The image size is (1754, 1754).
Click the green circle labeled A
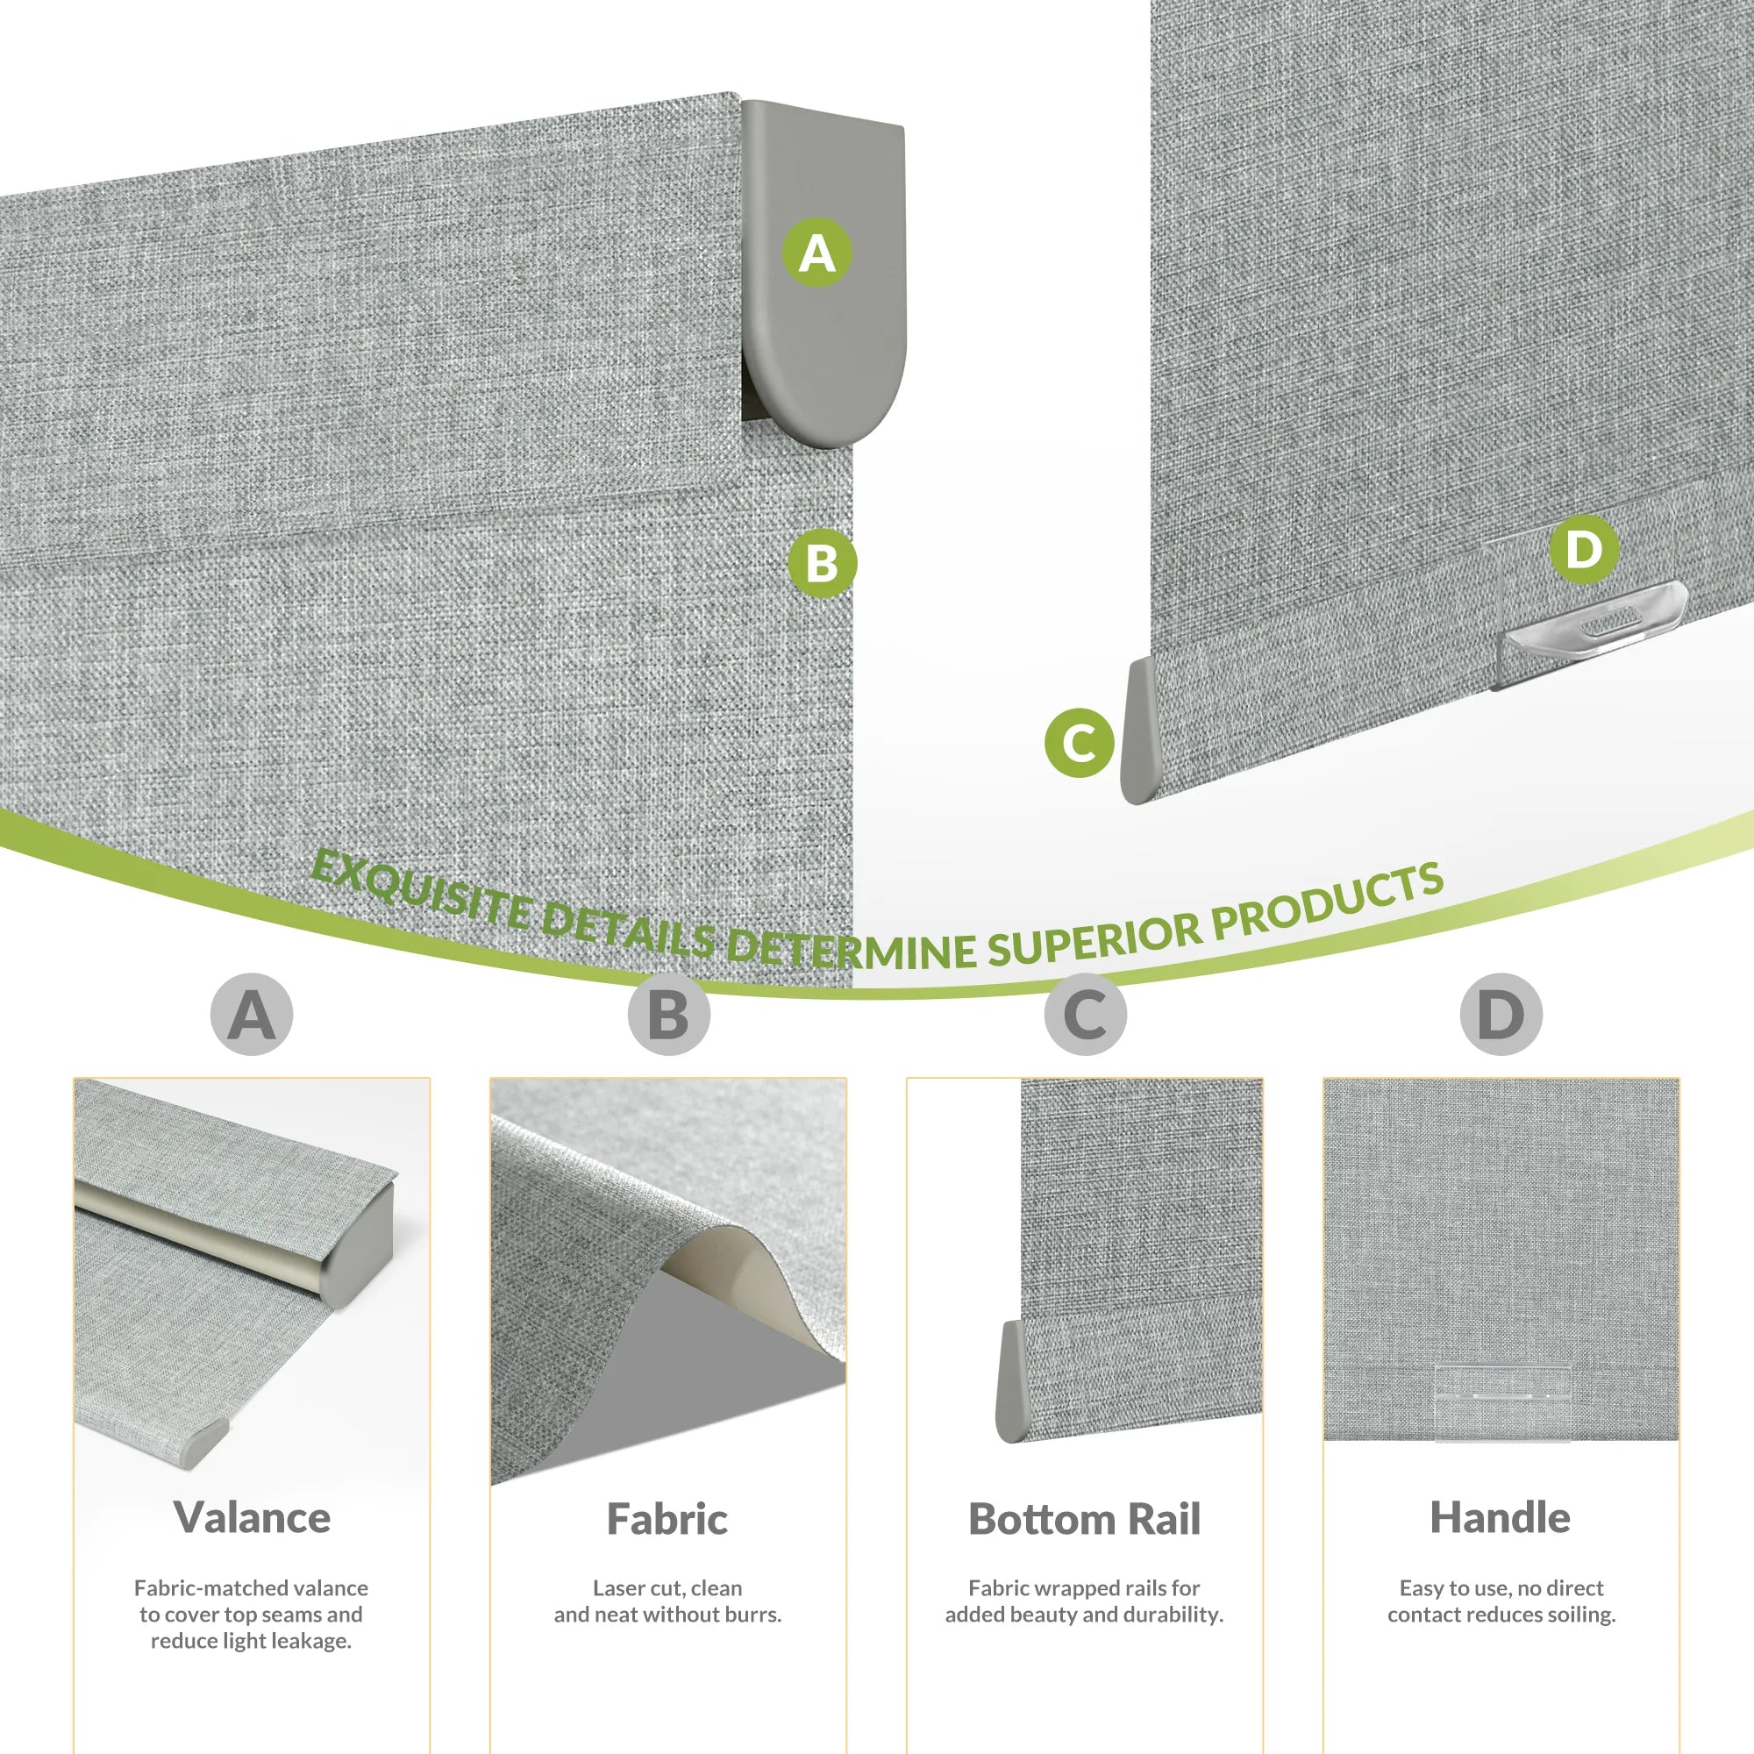point(817,253)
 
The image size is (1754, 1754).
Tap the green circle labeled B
point(822,563)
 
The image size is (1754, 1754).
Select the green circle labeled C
point(1080,743)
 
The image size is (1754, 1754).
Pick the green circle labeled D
point(1584,549)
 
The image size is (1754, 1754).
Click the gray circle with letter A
point(252,1014)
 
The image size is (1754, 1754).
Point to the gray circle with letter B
point(668,1014)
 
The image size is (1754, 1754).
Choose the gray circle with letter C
point(1085,1014)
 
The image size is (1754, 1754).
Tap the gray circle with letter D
point(1501,1014)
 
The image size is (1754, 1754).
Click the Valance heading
point(253,1518)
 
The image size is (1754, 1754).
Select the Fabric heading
point(667,1519)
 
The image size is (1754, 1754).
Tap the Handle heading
point(1501,1518)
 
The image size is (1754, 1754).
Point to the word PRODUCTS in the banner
point(1327,901)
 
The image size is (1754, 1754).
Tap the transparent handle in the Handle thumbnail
point(1502,1413)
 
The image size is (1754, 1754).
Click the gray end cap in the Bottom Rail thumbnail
point(1012,1382)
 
